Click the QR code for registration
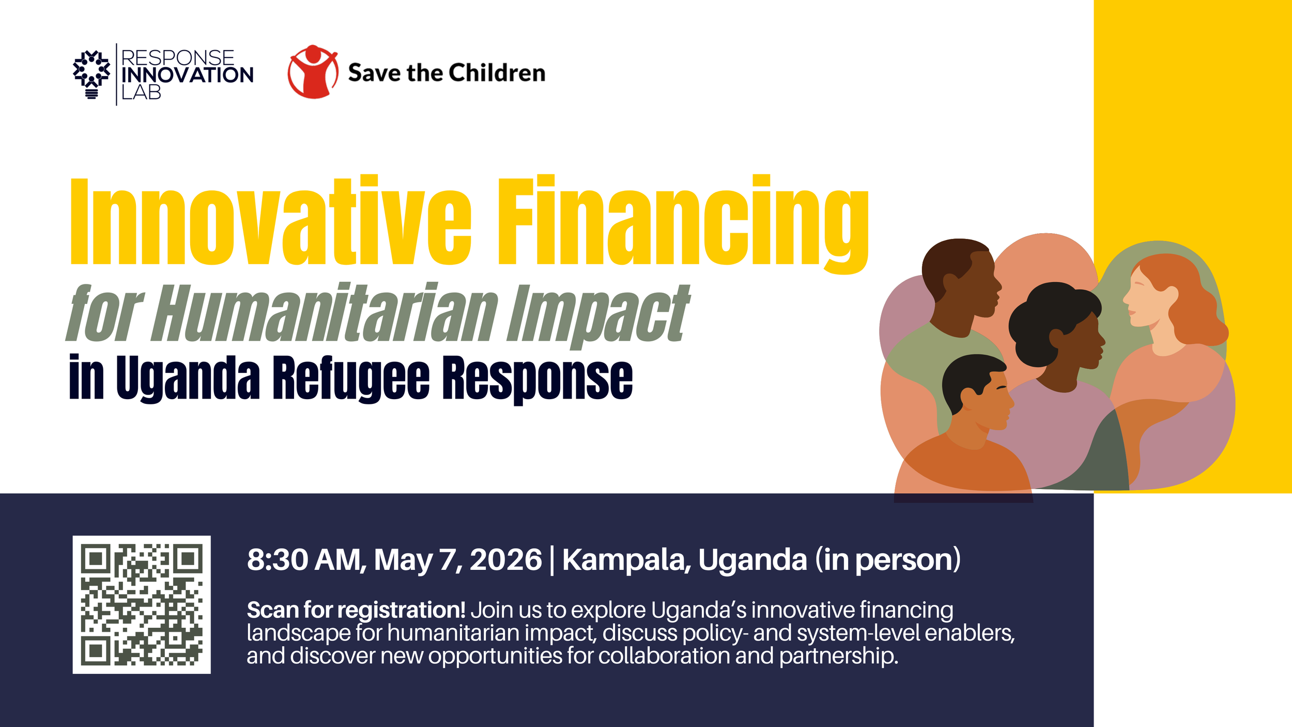tap(141, 604)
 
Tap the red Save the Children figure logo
tap(313, 72)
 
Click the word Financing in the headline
tap(682, 221)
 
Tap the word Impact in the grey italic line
tap(597, 314)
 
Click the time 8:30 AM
tap(306, 559)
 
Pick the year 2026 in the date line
tap(505, 559)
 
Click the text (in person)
tap(887, 559)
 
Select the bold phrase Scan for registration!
tap(356, 610)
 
